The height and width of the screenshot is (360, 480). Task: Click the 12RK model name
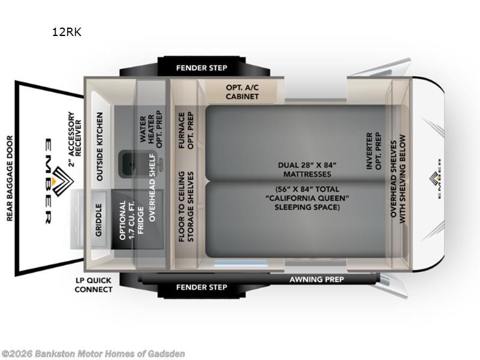click(x=67, y=32)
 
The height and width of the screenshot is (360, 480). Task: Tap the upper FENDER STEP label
click(x=202, y=68)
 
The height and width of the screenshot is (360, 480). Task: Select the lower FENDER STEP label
click(x=202, y=287)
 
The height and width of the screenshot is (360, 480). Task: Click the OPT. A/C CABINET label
click(x=242, y=92)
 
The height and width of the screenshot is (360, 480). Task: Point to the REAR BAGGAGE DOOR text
click(x=10, y=177)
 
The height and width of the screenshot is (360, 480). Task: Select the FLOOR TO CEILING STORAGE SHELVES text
click(x=186, y=208)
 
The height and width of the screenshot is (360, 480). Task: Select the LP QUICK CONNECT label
click(x=94, y=284)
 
